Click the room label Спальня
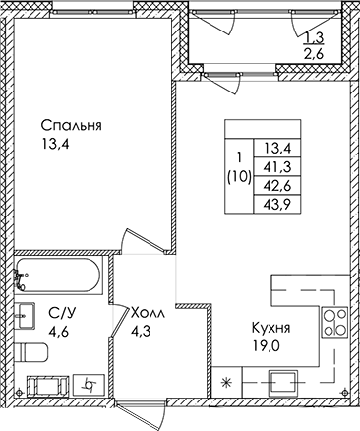[x=71, y=126]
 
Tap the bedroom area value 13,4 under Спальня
[x=55, y=144]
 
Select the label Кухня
[x=270, y=328]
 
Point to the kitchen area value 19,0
[x=266, y=345]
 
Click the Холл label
[x=148, y=313]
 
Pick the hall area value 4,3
[x=141, y=331]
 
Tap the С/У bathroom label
[x=62, y=314]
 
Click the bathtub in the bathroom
[x=58, y=275]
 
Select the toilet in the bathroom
[x=31, y=352]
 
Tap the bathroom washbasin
[x=25, y=316]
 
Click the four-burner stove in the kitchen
[x=334, y=322]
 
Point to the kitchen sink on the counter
[x=283, y=383]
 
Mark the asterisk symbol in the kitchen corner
[x=226, y=382]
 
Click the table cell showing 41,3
[x=277, y=167]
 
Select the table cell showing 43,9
[x=277, y=205]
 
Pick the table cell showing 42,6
[x=277, y=186]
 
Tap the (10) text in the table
[x=239, y=178]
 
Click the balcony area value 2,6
[x=315, y=53]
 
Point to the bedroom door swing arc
[x=125, y=237]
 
